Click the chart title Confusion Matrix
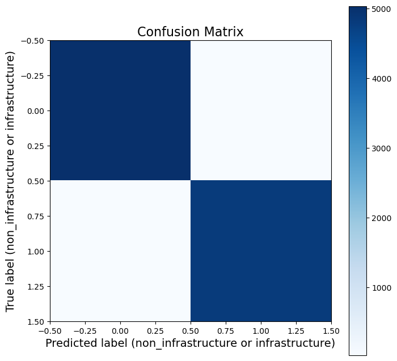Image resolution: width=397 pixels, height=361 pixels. [x=190, y=32]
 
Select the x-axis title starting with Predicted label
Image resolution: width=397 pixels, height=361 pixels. [x=190, y=343]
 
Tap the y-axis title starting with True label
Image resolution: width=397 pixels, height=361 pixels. [x=10, y=181]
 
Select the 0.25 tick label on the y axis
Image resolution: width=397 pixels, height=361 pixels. [x=36, y=146]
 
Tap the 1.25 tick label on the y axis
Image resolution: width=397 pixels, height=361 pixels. [x=36, y=286]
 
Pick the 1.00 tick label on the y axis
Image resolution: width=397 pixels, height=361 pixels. [x=36, y=251]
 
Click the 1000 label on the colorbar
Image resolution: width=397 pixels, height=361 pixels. [x=380, y=288]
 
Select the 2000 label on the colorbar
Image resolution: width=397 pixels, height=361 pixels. [x=380, y=218]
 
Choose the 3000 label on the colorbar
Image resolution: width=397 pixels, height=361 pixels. [x=380, y=148]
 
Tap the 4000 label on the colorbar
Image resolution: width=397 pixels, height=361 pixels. [x=380, y=79]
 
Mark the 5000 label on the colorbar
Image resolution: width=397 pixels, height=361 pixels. [x=380, y=9]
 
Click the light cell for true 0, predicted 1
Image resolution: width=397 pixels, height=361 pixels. [x=261, y=111]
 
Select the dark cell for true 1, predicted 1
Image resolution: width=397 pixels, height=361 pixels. [x=261, y=251]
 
